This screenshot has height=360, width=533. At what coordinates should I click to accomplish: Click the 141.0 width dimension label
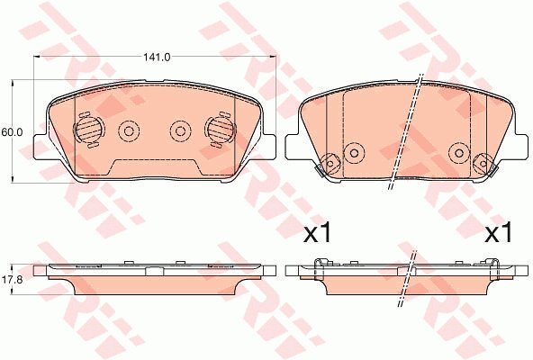pos(157,57)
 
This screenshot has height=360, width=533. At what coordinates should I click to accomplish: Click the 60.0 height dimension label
pos(12,132)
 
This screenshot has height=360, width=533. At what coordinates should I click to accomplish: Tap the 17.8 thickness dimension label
pos(12,280)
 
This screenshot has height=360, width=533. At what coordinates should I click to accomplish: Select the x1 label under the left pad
pos(317,233)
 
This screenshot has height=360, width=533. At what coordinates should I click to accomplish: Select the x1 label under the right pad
pos(498,233)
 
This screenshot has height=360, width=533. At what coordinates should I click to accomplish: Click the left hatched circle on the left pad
pos(88,130)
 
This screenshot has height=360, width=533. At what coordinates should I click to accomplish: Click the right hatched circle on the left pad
pos(221,130)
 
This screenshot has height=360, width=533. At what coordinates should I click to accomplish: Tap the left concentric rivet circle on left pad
pos(129,131)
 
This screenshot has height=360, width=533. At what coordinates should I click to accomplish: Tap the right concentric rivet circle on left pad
pos(180,131)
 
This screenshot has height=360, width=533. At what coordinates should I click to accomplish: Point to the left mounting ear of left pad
pos(41,147)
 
